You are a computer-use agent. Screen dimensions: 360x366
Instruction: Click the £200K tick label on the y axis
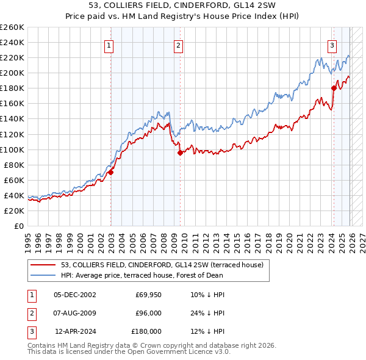pyautogui.click(x=12, y=73)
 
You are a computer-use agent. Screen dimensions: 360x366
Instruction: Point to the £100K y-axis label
pyautogui.click(x=12, y=149)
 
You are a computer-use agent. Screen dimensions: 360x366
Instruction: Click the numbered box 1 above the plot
pyautogui.click(x=109, y=45)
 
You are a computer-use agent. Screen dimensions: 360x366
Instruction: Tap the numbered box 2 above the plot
pyautogui.click(x=178, y=45)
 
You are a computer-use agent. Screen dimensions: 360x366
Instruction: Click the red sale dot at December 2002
pyautogui.click(x=111, y=173)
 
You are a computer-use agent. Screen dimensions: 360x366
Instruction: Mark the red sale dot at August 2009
pyautogui.click(x=180, y=153)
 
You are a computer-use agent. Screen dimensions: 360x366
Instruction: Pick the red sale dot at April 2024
pyautogui.click(x=334, y=88)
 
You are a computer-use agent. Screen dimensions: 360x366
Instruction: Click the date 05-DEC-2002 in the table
pyautogui.click(x=75, y=294)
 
